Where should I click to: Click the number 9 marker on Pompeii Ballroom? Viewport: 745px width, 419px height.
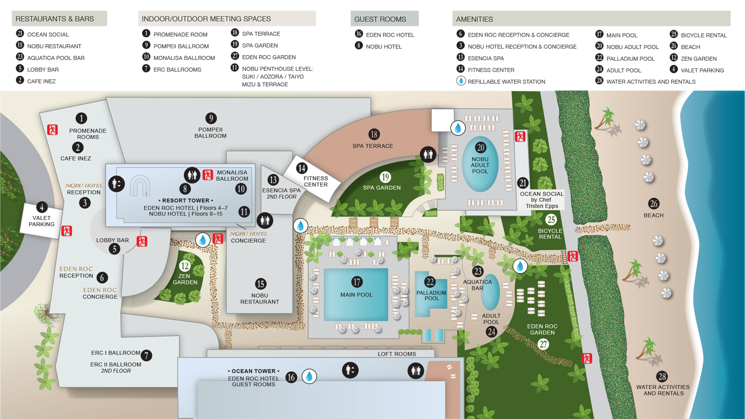211,118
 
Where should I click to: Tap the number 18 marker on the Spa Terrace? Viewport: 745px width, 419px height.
374,134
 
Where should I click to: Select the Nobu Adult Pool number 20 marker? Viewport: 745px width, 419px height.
480,148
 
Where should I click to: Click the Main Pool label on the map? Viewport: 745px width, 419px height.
356,295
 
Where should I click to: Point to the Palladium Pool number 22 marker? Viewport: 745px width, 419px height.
430,282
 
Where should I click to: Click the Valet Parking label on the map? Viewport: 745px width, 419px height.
41,221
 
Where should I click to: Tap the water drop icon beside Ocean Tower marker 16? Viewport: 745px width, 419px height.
309,377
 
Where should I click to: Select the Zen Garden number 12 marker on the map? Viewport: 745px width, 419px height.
185,266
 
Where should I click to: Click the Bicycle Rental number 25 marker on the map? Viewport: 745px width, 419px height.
551,220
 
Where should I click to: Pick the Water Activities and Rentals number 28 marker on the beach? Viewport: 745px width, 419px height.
662,377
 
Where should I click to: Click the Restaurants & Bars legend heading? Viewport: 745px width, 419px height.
55,19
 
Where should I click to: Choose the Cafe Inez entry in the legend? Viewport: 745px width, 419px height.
41,81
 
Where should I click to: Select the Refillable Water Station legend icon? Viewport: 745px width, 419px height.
461,81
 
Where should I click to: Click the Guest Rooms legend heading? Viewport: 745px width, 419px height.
380,19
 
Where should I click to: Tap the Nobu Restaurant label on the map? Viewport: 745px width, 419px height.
259,299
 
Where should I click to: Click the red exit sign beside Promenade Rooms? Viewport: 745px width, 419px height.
53,130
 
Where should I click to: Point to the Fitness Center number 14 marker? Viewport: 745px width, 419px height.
301,168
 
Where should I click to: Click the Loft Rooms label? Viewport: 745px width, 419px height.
397,354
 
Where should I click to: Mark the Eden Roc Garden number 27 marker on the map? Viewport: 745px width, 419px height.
543,344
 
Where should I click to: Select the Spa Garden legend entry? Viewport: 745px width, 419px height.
260,45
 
